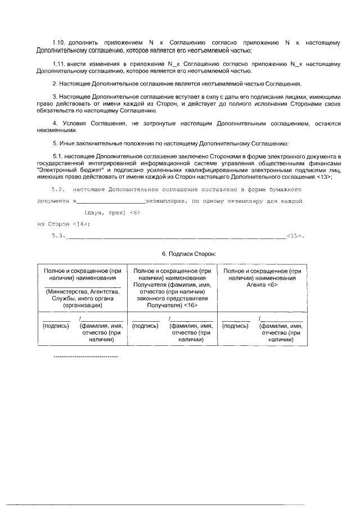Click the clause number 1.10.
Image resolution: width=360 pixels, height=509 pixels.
point(59,43)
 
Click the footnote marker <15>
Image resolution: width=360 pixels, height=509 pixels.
point(295,236)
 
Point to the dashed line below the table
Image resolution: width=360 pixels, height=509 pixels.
point(84,357)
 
